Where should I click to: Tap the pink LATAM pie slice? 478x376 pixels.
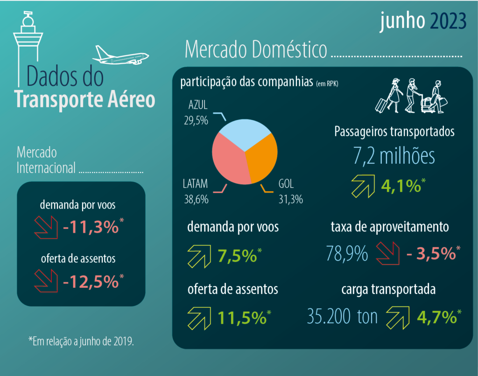pos(228,161)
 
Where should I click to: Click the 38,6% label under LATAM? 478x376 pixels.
pos(196,200)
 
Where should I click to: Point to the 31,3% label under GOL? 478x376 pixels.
pos(291,200)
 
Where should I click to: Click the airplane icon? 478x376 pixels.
pos(120,56)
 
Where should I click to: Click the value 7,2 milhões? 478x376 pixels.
pos(394,157)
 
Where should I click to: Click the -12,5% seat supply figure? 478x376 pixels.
pos(91,281)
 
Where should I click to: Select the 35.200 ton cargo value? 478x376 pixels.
pos(343,317)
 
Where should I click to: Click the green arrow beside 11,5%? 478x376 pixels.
pos(199,317)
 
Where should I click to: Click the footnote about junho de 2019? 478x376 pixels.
pos(81,341)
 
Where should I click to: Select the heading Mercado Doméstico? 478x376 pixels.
pos(256,50)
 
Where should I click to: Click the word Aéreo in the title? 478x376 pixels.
pos(131,99)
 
